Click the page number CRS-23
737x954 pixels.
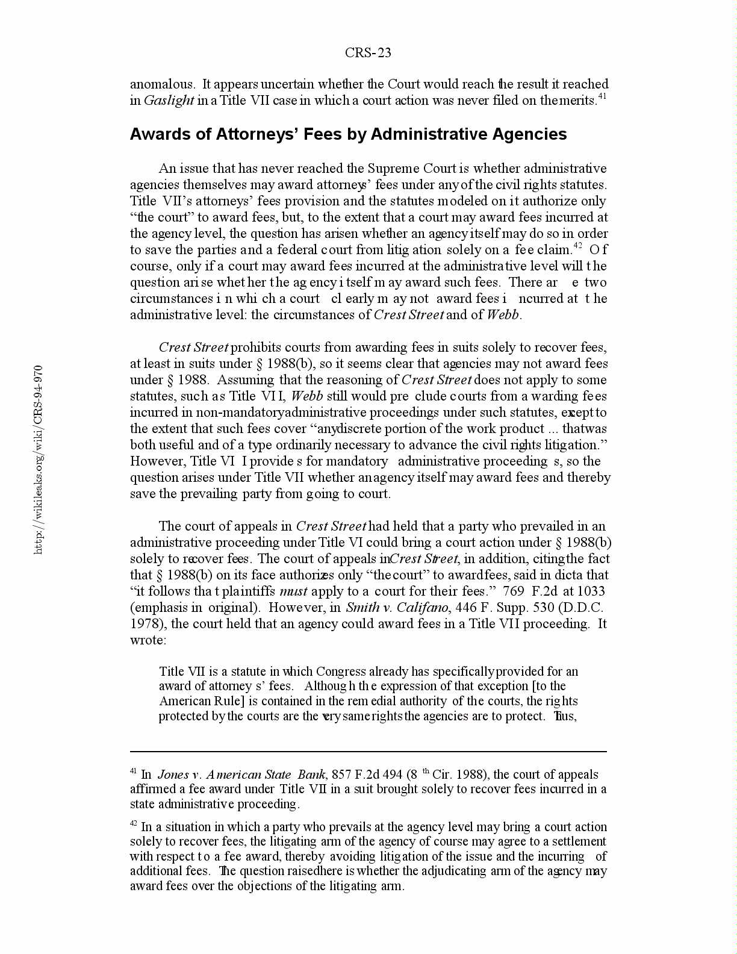pos(368,53)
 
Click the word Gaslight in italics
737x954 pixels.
pos(169,101)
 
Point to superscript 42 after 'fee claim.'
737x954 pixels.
pos(577,245)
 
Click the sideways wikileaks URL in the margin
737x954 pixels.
pos(38,459)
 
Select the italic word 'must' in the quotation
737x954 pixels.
pos(294,591)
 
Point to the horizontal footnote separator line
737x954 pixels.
pos(368,752)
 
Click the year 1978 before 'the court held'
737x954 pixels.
pos(144,624)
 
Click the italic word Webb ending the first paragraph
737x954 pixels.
pos(502,315)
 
